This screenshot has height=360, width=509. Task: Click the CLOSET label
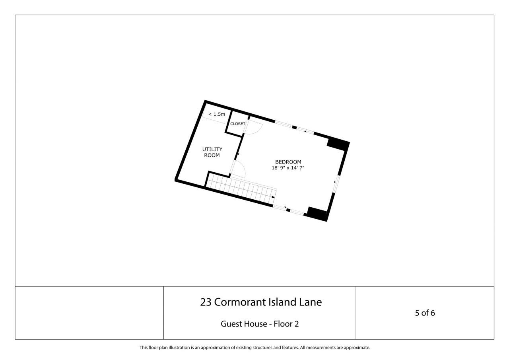click(237, 124)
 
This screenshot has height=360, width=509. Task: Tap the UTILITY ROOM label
click(212, 152)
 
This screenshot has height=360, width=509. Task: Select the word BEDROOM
click(288, 162)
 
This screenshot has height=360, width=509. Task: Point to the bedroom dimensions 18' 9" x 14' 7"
click(288, 168)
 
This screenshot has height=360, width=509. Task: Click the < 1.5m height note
click(216, 114)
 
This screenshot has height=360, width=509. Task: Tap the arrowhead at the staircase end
click(273, 197)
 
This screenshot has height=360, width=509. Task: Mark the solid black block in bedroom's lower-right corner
click(318, 214)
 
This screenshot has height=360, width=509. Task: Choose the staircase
click(241, 189)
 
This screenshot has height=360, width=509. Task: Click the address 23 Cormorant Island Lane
click(260, 302)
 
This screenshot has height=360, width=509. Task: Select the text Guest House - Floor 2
click(260, 324)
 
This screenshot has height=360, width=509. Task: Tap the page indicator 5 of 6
click(425, 313)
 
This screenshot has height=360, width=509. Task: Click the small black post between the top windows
click(295, 127)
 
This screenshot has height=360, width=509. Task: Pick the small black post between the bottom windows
click(288, 210)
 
